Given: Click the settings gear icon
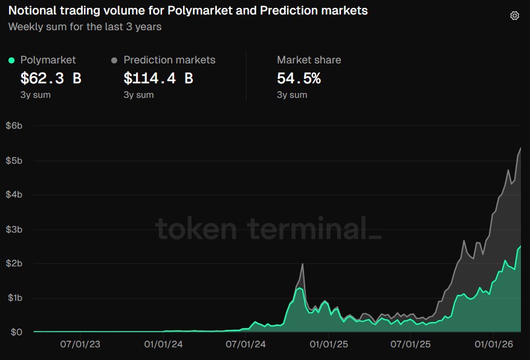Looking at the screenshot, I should (514, 16).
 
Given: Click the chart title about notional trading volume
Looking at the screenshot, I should (188, 11).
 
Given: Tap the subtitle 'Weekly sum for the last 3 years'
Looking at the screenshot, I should (85, 27).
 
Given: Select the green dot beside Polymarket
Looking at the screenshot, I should (11, 60).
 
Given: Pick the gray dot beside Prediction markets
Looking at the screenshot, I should (114, 60).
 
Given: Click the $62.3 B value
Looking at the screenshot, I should (51, 78).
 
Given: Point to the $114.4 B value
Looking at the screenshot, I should (158, 78).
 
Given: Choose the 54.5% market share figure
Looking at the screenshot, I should (299, 78).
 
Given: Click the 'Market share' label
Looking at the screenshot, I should (309, 60).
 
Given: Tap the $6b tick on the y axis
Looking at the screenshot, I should (14, 126).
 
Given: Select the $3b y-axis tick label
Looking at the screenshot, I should (14, 229).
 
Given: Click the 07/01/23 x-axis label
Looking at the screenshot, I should (80, 346).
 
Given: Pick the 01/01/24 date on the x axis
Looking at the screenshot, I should (163, 346).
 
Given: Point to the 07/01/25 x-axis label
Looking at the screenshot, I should (412, 346).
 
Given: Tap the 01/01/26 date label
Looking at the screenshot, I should (494, 346).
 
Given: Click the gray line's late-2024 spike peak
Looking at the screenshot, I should (302, 264).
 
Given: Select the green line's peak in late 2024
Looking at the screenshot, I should (299, 288).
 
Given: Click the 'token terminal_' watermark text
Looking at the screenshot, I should (269, 229).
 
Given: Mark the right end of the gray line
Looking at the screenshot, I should (520, 148).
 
